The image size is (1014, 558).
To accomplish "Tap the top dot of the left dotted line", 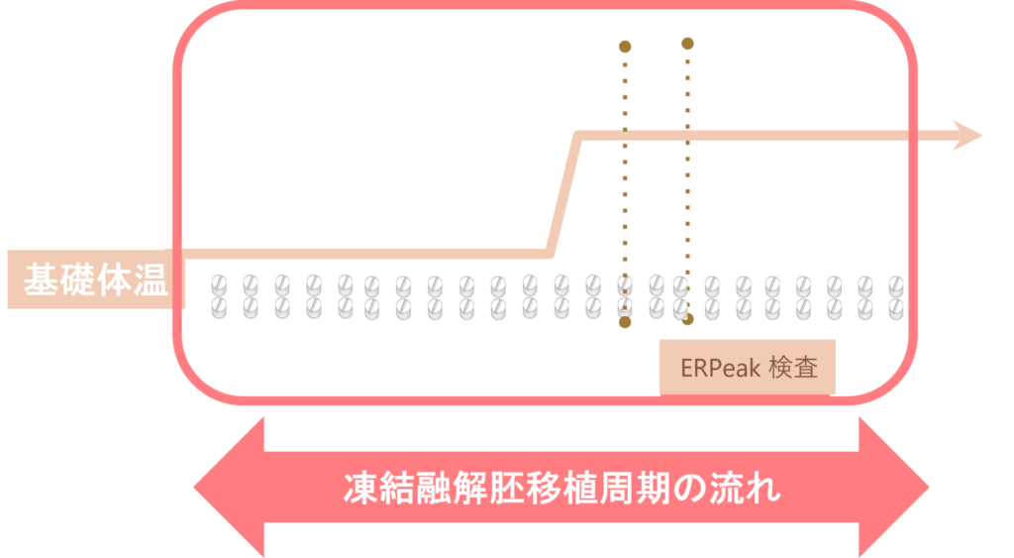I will (624, 46).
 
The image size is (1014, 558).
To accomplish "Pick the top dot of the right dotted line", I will (687, 43).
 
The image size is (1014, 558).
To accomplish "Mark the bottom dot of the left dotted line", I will (625, 322).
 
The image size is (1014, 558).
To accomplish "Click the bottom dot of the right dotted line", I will (687, 319).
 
